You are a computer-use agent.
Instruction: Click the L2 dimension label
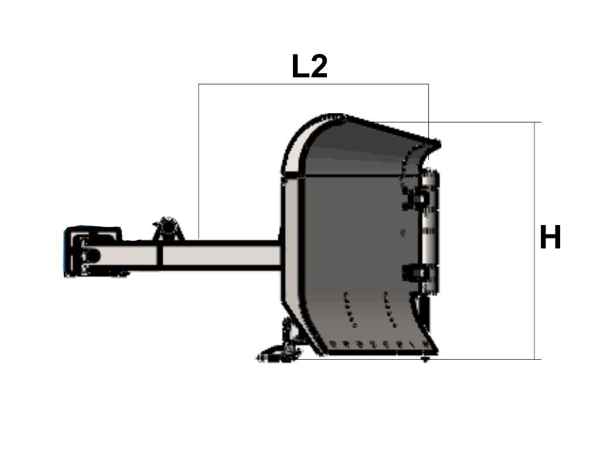[309, 66]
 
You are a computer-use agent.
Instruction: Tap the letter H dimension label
[550, 237]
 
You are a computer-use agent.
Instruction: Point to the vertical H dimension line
[534, 241]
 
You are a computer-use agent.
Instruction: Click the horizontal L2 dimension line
[313, 84]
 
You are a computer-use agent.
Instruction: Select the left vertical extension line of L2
[199, 162]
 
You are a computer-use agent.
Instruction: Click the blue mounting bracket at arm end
[93, 251]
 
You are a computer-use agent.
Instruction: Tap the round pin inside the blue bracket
[92, 255]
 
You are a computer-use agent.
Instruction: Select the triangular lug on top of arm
[168, 229]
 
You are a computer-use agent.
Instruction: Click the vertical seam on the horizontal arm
[160, 255]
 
